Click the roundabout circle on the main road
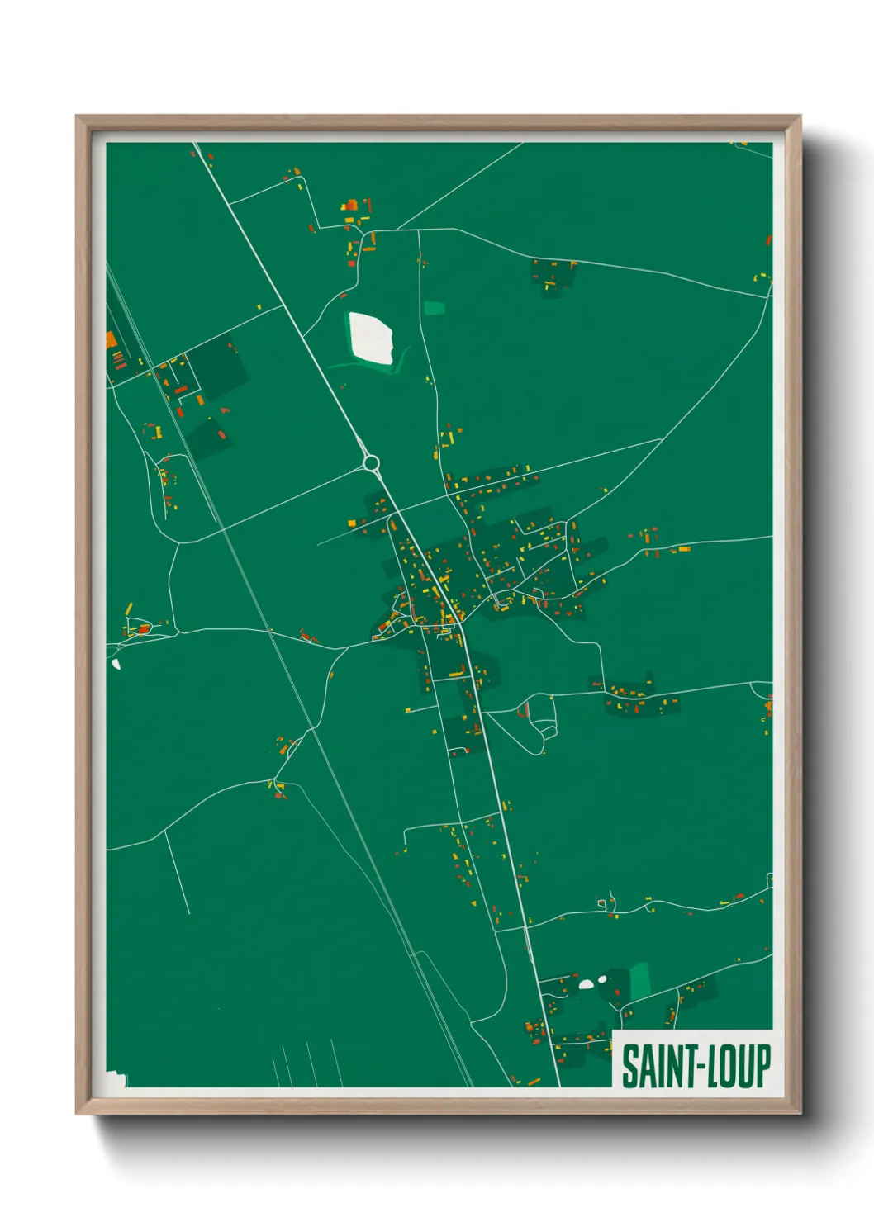click(x=371, y=462)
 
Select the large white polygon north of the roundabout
click(x=370, y=338)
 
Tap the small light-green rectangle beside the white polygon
click(x=435, y=308)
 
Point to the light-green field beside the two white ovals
click(x=640, y=980)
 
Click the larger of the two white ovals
click(x=587, y=983)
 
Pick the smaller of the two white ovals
click(x=603, y=979)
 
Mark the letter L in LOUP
click(x=708, y=1067)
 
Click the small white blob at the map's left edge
click(x=116, y=663)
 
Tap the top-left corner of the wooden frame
click(x=78, y=117)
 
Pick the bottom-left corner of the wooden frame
click(x=78, y=1113)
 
